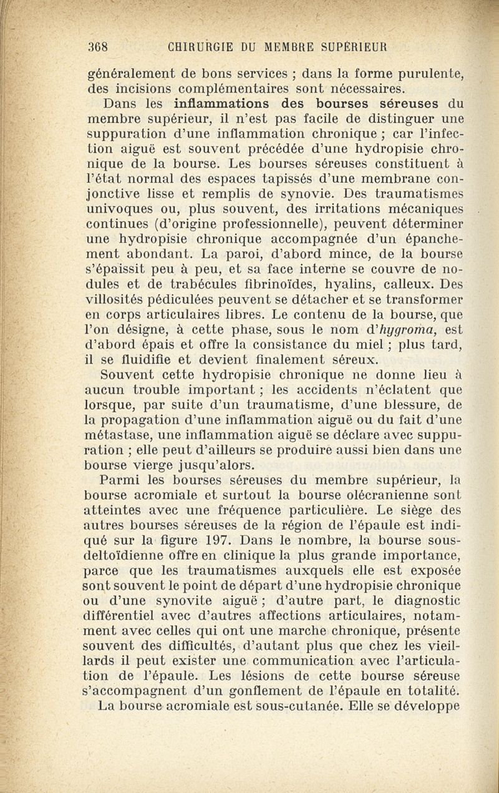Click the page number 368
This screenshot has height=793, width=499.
click(x=99, y=47)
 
